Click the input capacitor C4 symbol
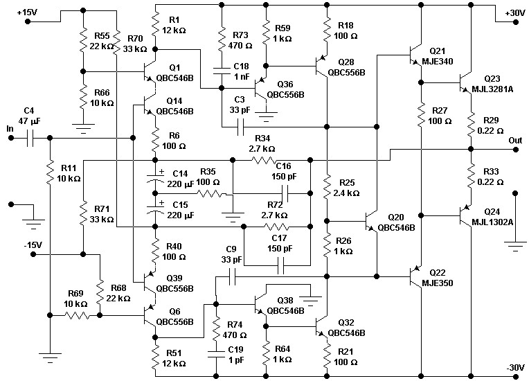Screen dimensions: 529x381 [30, 138]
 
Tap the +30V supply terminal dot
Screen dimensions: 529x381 [515, 22]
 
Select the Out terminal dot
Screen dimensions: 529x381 [515, 149]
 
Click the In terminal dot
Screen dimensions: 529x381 [11, 138]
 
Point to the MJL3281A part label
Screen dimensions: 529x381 [492, 89]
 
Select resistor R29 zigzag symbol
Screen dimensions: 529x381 [472, 125]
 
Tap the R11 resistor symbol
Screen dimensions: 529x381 [50, 172]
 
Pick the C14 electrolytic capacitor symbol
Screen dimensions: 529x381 [155, 178]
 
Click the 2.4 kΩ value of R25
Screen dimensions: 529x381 [346, 193]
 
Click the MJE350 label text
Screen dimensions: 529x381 [437, 283]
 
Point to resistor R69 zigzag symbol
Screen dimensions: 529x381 [77, 315]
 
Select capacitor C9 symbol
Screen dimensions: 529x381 [232, 276]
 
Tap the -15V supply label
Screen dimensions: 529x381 [33, 245]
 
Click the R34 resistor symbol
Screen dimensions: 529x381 [264, 160]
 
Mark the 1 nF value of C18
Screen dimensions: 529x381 [242, 77]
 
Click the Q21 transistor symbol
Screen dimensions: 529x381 [415, 55]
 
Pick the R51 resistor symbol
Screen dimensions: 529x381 [155, 358]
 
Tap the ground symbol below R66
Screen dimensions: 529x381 [83, 127]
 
